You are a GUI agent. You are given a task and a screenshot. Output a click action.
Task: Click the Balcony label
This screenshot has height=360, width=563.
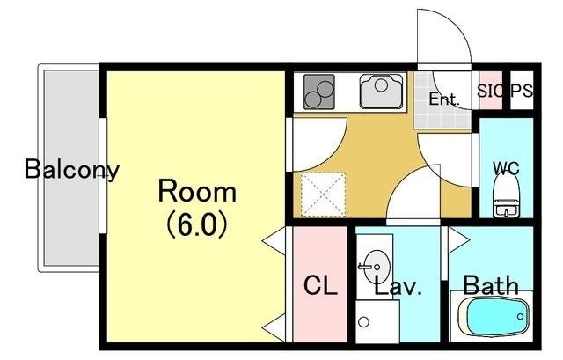[x=72, y=170]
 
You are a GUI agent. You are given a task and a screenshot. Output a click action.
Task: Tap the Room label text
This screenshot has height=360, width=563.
[x=197, y=192]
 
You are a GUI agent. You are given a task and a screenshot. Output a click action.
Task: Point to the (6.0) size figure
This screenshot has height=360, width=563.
[x=197, y=224]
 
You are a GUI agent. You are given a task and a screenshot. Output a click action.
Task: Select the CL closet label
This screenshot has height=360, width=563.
[x=320, y=285]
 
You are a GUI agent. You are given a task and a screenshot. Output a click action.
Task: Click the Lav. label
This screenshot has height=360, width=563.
[x=398, y=286]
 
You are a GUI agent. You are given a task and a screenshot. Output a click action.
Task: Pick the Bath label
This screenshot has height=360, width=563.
[x=491, y=285]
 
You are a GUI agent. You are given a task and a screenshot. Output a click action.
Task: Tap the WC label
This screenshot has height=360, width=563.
[x=507, y=168]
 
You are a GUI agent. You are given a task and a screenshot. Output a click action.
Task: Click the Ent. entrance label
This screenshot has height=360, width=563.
[x=444, y=99]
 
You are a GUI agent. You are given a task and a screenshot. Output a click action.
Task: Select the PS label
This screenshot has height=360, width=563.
[x=522, y=91]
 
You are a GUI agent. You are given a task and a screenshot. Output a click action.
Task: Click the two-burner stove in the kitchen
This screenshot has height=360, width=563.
[x=319, y=92]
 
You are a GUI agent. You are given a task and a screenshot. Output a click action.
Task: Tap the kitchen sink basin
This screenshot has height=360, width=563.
[x=381, y=91]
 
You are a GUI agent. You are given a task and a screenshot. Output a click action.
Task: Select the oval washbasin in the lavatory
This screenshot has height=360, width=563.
[x=376, y=267]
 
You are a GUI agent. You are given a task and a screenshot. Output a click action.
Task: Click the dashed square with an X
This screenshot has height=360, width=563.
[x=323, y=195]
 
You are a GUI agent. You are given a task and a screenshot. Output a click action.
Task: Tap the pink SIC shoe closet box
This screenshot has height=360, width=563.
[x=491, y=90]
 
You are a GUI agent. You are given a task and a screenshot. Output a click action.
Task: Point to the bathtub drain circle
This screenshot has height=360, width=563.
[x=520, y=317]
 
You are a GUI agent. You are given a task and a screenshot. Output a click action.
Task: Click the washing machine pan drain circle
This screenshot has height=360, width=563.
[x=363, y=321]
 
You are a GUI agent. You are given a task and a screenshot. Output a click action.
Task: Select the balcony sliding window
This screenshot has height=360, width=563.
[x=103, y=175]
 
